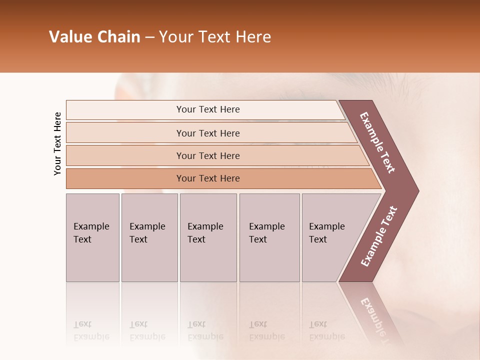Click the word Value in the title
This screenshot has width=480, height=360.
pos(69,37)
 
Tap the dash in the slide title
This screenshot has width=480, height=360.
pos(149,37)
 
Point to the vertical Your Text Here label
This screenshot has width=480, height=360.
pos(57,144)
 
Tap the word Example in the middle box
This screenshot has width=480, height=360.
pos(205,226)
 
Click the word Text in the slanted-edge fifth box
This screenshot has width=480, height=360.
pos(318,239)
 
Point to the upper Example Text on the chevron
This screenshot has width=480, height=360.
pos(377,142)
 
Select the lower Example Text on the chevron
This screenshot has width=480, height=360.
pos(379,236)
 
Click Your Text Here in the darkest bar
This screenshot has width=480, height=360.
pos(208,178)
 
